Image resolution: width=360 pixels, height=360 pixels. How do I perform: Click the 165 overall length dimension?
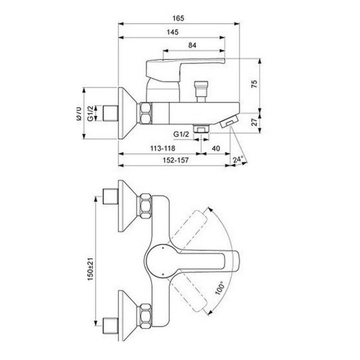[x=179, y=18]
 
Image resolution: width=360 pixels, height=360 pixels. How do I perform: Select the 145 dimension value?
[x=172, y=32]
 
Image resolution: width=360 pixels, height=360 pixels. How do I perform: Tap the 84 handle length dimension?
[x=192, y=45]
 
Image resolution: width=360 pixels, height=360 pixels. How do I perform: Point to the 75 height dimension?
[x=254, y=84]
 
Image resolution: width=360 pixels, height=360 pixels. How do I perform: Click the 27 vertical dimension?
[x=254, y=122]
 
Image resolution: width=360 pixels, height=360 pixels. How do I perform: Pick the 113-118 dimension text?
[x=163, y=148]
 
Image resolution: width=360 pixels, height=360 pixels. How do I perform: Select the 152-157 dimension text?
[x=176, y=160]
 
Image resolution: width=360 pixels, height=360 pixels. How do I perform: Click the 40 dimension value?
[x=216, y=148]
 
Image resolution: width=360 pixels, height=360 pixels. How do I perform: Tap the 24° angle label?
[x=238, y=159]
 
